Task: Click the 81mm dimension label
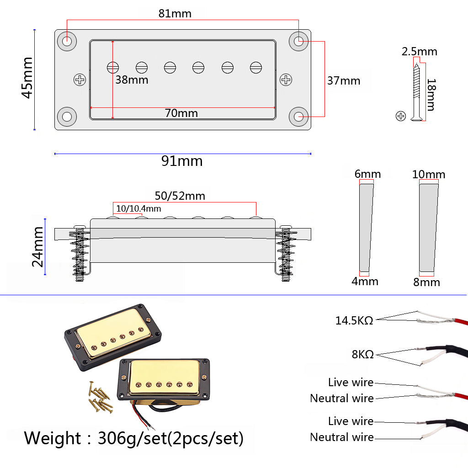click(175, 13)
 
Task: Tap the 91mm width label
click(181, 161)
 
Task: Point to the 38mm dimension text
click(131, 80)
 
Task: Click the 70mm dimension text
click(181, 113)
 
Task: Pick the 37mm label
click(344, 81)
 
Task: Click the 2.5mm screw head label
click(419, 52)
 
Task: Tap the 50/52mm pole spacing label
click(180, 196)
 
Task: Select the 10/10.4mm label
click(138, 209)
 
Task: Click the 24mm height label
click(37, 247)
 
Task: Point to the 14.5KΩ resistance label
click(354, 320)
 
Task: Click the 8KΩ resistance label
click(363, 354)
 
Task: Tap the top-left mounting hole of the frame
click(67, 41)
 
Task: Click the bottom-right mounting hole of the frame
click(299, 117)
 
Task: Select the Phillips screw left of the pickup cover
click(80, 80)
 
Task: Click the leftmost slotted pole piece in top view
click(113, 68)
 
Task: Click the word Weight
click(52, 438)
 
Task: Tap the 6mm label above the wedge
click(367, 174)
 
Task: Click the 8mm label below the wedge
click(426, 282)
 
